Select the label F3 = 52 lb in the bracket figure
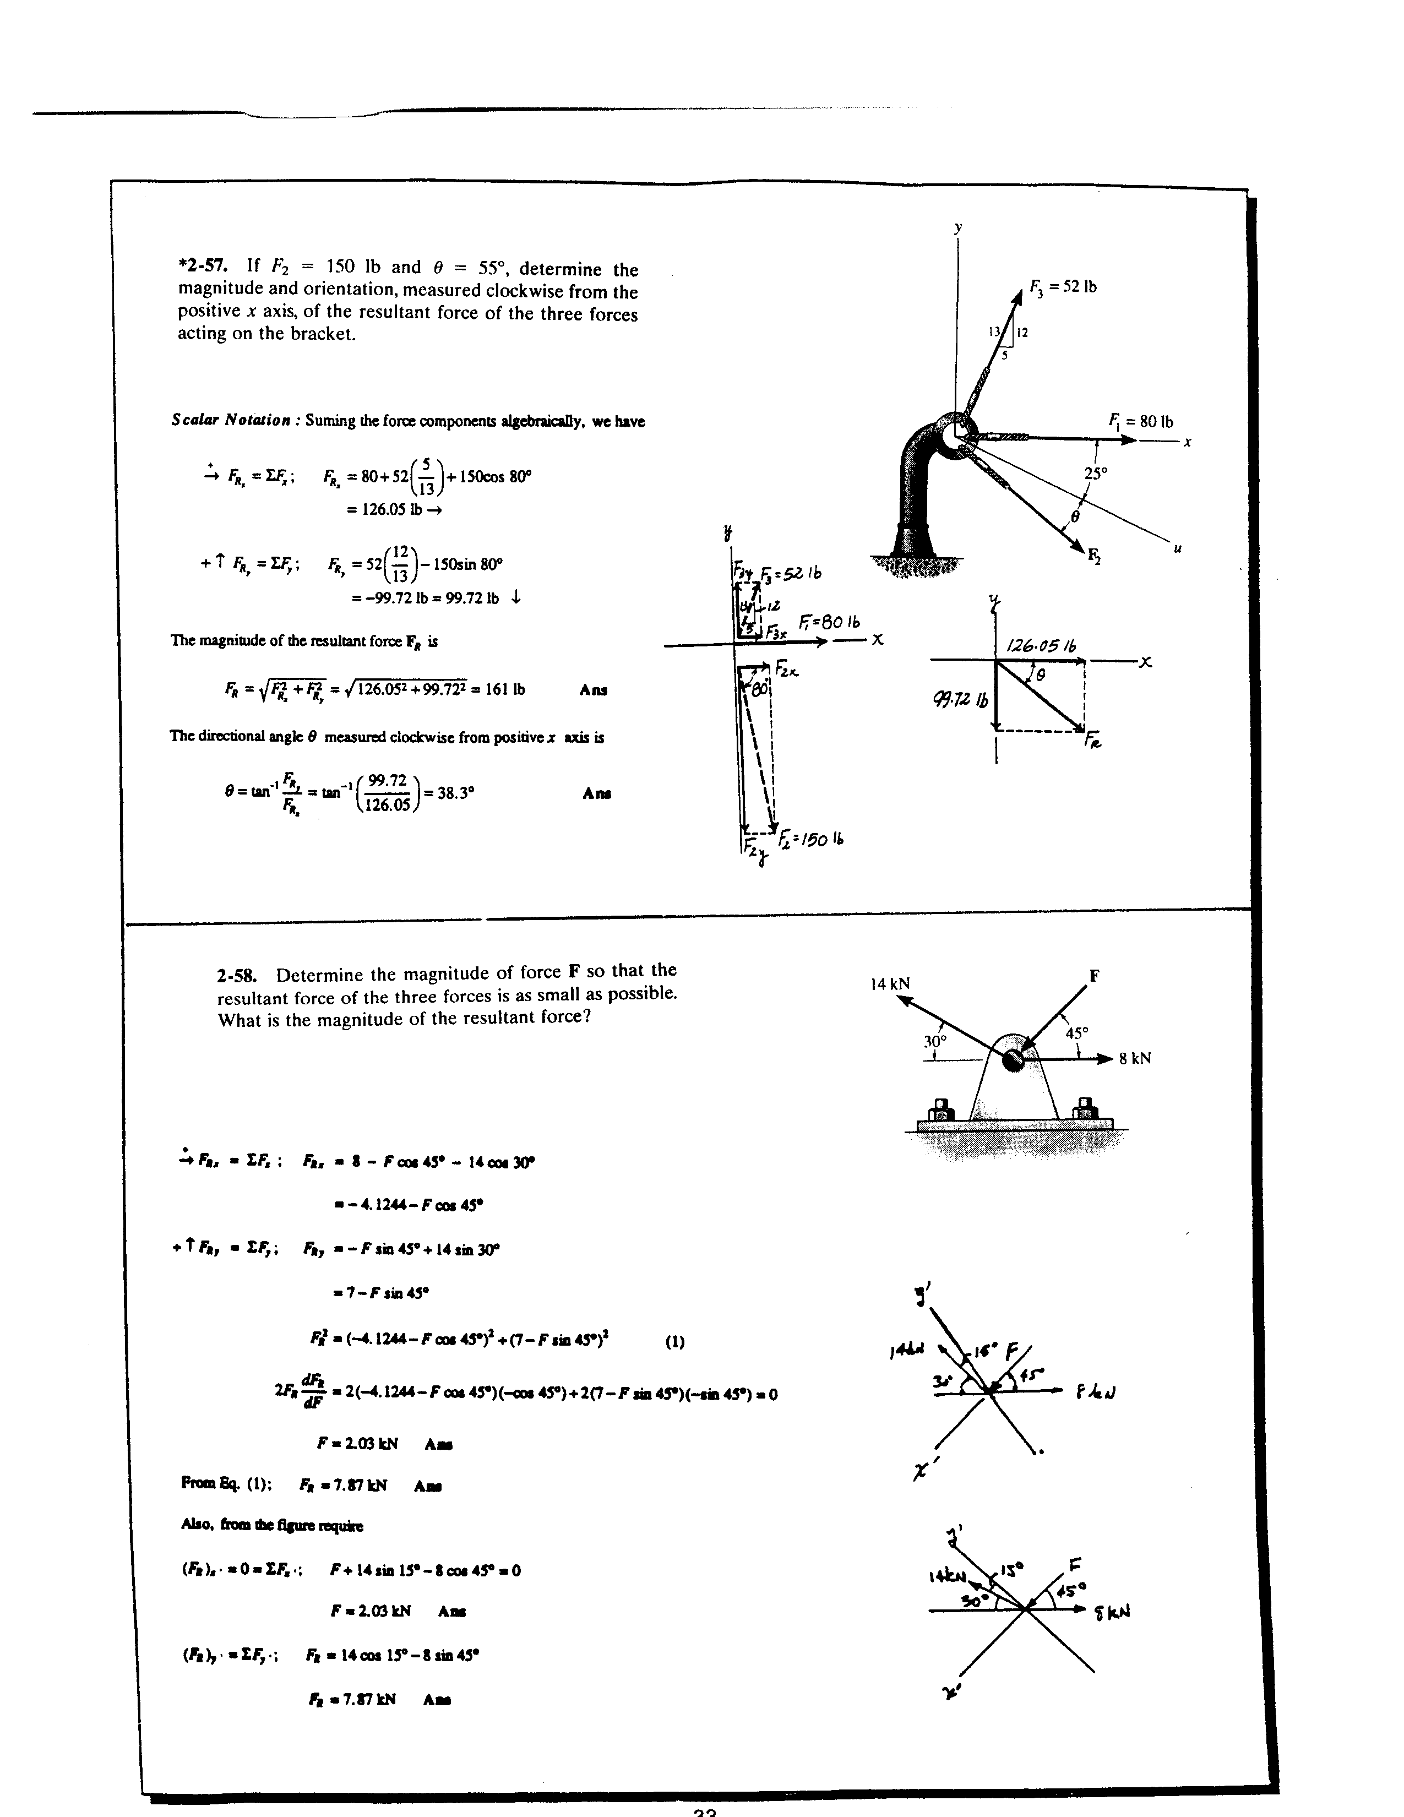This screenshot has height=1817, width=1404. (1063, 287)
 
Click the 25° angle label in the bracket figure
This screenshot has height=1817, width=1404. (1096, 474)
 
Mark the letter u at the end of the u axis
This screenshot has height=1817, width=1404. (1177, 548)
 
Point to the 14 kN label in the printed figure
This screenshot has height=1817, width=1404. (890, 984)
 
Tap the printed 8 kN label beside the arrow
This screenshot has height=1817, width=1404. (1135, 1059)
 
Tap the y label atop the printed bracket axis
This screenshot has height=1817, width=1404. (958, 227)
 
